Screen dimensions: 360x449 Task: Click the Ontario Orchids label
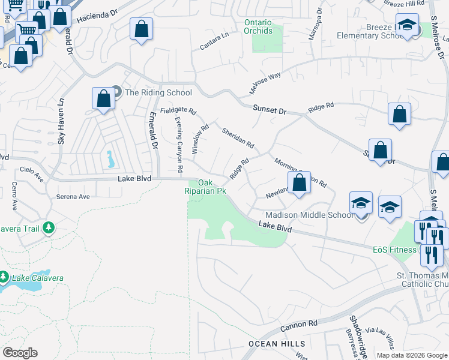pyautogui.click(x=258, y=27)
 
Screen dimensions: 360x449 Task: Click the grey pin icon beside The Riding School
pyautogui.click(x=116, y=92)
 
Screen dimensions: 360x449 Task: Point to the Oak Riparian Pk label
pyautogui.click(x=206, y=187)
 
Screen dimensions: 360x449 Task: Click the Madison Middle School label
pyautogui.click(x=309, y=215)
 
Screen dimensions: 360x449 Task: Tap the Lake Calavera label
pyautogui.click(x=35, y=278)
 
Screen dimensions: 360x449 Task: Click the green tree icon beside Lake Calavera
pyautogui.click(x=4, y=277)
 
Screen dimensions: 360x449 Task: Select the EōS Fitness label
pyautogui.click(x=393, y=250)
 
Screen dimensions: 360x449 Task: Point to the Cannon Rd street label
pyautogui.click(x=298, y=327)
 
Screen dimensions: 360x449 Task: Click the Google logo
pyautogui.click(x=20, y=353)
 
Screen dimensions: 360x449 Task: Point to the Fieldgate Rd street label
pyautogui.click(x=178, y=111)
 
